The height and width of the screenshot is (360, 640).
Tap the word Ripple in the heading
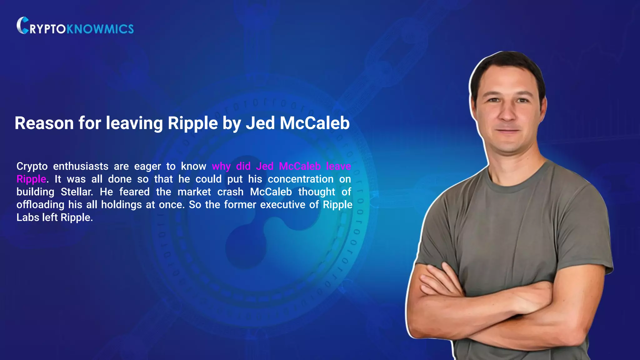tap(192, 123)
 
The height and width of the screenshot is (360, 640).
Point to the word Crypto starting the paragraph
tap(32, 166)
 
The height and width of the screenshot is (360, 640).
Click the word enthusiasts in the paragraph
tap(81, 166)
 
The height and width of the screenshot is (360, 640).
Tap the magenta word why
tap(221, 166)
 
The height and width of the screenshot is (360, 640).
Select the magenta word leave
tap(338, 166)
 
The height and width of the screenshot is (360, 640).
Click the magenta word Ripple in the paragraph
tap(31, 179)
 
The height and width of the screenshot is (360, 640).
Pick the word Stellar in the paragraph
tap(77, 192)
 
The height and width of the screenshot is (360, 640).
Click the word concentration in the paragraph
tap(300, 179)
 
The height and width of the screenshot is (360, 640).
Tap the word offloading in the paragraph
tap(40, 205)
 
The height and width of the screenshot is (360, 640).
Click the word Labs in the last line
tap(27, 217)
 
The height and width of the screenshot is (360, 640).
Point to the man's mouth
tap(508, 131)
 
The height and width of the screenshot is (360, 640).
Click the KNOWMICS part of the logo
tap(100, 29)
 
